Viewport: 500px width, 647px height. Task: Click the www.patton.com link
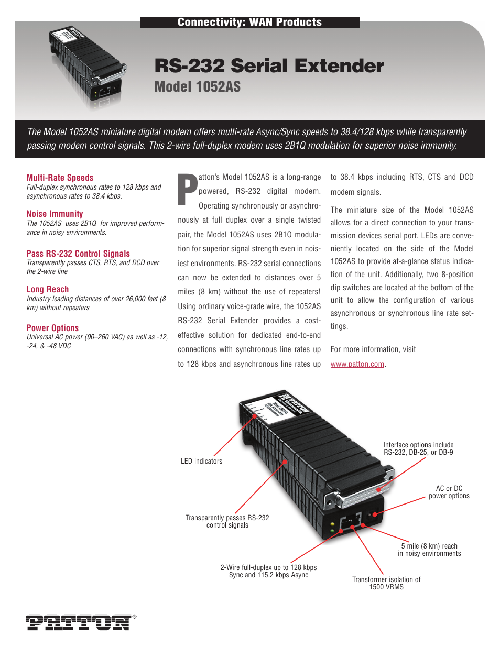click(x=357, y=364)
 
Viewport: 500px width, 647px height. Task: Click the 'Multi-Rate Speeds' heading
click(x=60, y=178)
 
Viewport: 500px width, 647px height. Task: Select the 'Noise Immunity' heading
click(x=55, y=214)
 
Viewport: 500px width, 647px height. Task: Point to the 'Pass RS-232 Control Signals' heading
click(x=78, y=254)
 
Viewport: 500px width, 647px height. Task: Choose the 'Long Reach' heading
click(x=47, y=289)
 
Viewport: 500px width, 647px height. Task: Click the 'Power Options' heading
click(x=52, y=328)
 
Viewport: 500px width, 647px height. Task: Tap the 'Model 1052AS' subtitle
click(x=197, y=87)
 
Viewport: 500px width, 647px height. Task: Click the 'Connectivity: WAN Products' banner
click(x=249, y=22)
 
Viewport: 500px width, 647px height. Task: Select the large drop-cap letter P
click(x=187, y=190)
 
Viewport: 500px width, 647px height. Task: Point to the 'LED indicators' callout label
click(x=201, y=461)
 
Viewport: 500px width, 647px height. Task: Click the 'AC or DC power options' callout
click(x=449, y=492)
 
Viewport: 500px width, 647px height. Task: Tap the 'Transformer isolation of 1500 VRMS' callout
click(x=386, y=583)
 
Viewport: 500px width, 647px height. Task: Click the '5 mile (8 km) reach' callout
click(x=429, y=550)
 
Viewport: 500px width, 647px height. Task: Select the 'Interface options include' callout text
click(x=418, y=445)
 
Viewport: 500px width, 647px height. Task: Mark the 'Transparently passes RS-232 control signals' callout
click(x=227, y=521)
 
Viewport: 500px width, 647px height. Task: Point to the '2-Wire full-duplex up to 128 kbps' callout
click(x=268, y=571)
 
